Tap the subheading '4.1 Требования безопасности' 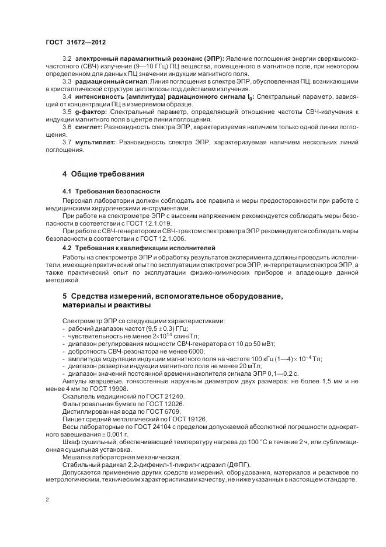[111, 192]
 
